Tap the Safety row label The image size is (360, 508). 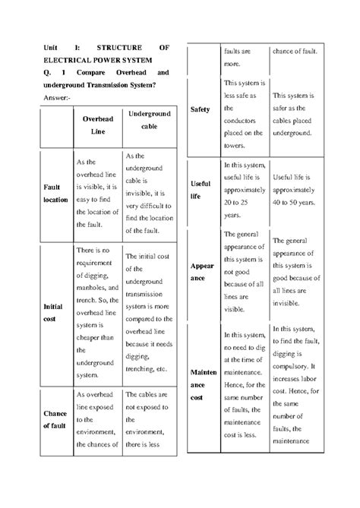200,109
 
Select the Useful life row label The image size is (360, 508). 201,190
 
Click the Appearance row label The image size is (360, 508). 201,274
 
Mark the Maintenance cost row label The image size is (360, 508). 203,385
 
